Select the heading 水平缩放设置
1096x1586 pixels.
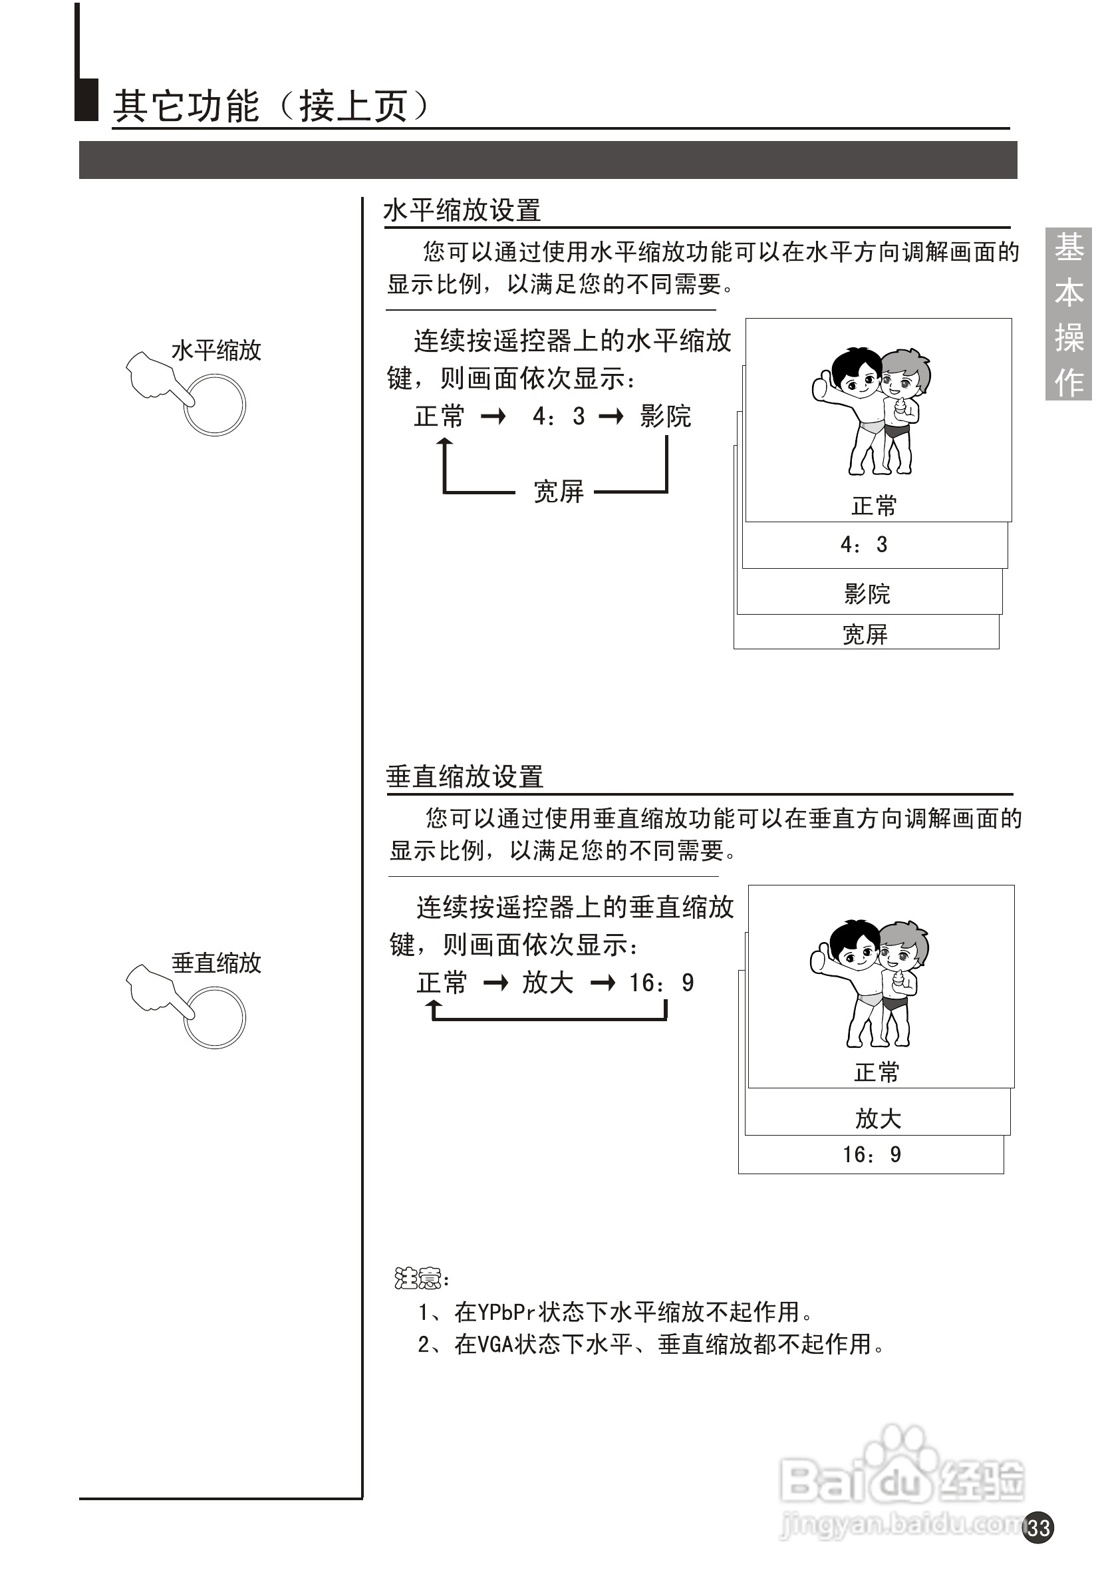[462, 210]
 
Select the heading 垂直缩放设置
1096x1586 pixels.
[464, 777]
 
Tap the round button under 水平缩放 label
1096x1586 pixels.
[215, 404]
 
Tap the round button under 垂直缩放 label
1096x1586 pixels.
[215, 1018]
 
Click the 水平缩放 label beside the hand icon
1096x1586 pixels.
[216, 351]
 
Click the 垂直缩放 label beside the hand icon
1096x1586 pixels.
[216, 963]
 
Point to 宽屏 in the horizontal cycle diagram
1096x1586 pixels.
[557, 492]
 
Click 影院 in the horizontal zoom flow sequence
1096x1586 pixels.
[665, 416]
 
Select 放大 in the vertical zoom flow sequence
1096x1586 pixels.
[547, 982]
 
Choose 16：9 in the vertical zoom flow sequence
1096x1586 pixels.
[661, 982]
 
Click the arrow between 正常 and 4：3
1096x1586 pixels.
[492, 416]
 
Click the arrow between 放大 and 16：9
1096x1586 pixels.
[603, 983]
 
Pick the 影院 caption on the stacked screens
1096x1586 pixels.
[867, 593]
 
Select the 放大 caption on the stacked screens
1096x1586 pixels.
[877, 1118]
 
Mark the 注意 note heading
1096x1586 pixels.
[419, 1278]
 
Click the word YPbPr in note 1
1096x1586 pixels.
[505, 1312]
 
